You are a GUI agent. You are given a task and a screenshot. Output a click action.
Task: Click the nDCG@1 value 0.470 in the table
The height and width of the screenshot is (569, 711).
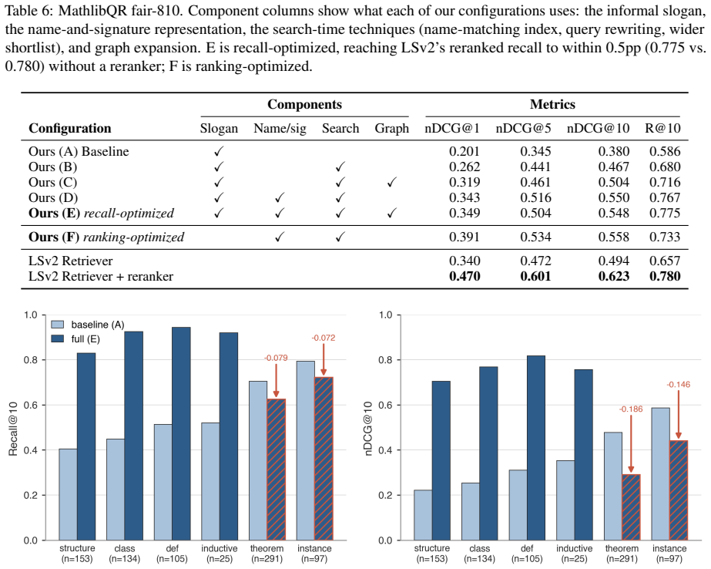[x=464, y=276]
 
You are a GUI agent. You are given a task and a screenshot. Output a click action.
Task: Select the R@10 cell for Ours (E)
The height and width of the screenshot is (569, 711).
[x=665, y=214]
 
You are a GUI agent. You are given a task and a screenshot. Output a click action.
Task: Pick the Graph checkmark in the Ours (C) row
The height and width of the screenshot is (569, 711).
[x=392, y=183]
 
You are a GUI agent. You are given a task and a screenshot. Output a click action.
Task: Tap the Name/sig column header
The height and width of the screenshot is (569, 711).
[x=280, y=129]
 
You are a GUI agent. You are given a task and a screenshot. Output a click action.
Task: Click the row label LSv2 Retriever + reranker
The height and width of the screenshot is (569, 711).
[x=101, y=276]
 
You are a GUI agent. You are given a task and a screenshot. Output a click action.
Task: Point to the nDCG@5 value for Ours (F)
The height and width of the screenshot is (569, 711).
[x=535, y=237]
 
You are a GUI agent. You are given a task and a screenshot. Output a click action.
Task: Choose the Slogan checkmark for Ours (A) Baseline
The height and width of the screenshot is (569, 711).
[x=219, y=152]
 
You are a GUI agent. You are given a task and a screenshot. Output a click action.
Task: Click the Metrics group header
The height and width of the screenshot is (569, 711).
[x=552, y=104]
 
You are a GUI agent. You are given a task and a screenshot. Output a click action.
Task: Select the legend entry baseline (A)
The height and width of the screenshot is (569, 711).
[x=88, y=325]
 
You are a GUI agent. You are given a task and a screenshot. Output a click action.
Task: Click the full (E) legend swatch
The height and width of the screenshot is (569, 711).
[x=58, y=339]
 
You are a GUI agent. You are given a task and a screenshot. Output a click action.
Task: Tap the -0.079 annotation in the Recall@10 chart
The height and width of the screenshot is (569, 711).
[x=276, y=358]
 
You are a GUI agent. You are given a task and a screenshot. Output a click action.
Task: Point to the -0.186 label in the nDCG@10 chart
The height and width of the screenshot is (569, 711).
[x=631, y=409]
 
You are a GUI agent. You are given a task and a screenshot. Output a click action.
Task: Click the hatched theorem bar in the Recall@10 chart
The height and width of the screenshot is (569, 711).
[x=276, y=470]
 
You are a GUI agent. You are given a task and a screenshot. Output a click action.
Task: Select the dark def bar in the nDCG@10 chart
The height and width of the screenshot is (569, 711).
[x=536, y=448]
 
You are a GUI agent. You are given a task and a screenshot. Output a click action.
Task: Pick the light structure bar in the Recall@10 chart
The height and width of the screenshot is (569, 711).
[x=68, y=494]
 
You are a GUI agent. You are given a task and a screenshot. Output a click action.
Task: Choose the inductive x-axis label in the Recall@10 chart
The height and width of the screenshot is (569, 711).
[x=220, y=549]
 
